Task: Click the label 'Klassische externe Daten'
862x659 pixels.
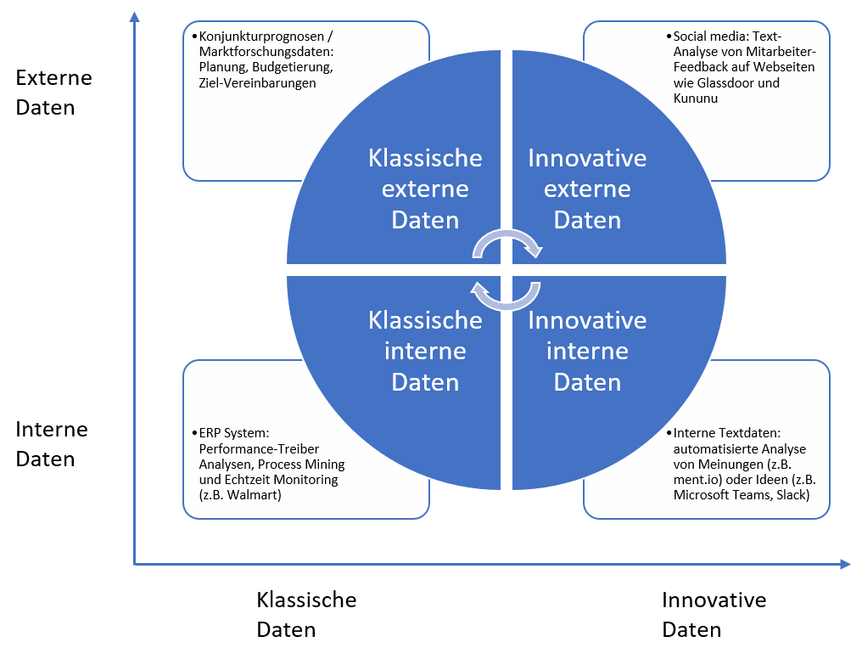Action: coord(425,189)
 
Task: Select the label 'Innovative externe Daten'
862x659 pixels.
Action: coord(587,189)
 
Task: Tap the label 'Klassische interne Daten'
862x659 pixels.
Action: coord(425,351)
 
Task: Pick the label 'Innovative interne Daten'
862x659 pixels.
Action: coord(587,351)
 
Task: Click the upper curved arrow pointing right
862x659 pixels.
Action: coord(507,243)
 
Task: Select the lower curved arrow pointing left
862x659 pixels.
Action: coord(506,296)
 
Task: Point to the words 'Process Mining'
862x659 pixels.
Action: coord(301,465)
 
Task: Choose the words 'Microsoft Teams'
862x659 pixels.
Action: coord(714,495)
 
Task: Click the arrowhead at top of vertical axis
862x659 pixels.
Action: coord(134,17)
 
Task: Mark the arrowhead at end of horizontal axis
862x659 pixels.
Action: coord(845,564)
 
